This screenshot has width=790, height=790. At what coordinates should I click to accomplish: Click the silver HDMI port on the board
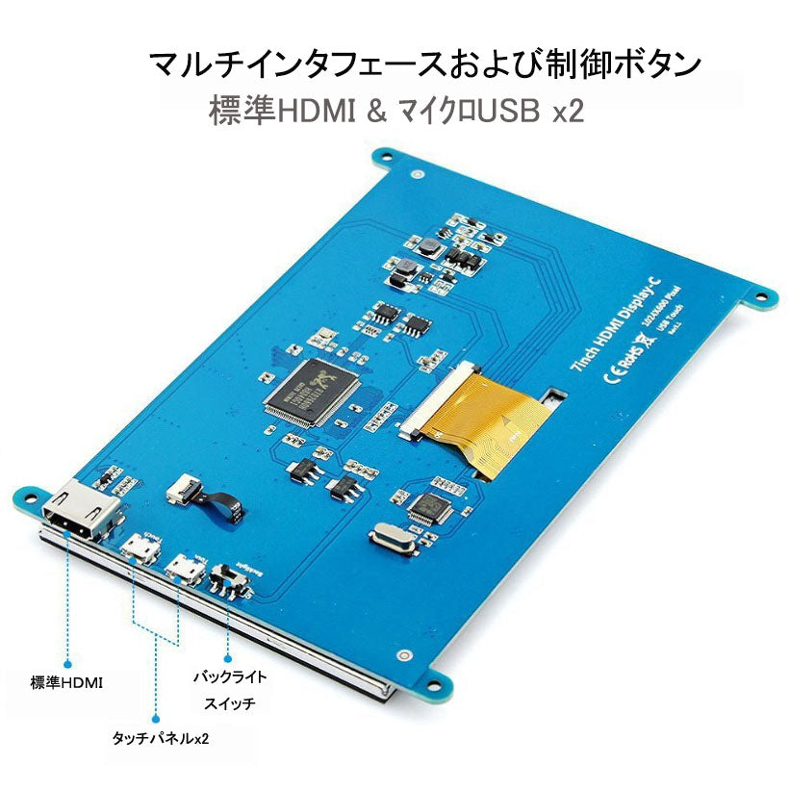click(84, 511)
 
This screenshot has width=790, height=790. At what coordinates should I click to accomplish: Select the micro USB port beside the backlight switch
click(183, 568)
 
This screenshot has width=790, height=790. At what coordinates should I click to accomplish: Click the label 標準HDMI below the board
click(66, 682)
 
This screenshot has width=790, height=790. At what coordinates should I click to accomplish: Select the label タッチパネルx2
click(159, 739)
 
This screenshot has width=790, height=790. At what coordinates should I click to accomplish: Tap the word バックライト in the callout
click(230, 677)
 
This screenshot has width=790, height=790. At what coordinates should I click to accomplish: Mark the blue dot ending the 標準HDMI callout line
click(68, 662)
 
